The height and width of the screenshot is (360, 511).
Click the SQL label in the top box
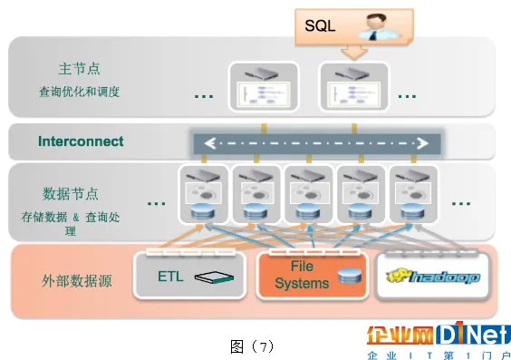[319, 25]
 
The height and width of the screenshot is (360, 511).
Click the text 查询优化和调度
[80, 92]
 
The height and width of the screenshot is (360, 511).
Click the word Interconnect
[81, 141]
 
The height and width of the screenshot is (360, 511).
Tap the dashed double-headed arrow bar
[314, 142]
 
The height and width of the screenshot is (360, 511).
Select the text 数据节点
[70, 193]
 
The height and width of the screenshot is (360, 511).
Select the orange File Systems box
[311, 276]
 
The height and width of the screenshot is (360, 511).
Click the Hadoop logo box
[432, 276]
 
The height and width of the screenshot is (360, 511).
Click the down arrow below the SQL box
[354, 52]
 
